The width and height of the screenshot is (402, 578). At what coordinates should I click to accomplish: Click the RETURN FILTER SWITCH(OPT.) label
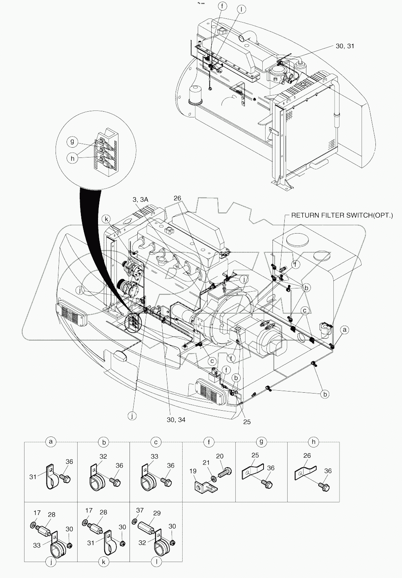[342, 215]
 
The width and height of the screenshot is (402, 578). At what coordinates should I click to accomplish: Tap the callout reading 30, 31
[345, 46]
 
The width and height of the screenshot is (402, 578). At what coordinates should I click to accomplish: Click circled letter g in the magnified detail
[72, 142]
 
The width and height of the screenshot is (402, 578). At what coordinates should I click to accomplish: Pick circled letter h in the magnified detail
[72, 159]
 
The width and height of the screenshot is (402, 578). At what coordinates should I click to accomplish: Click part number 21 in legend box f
[207, 462]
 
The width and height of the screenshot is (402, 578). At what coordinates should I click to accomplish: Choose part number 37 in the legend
[140, 510]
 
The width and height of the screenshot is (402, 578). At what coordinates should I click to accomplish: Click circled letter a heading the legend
[51, 442]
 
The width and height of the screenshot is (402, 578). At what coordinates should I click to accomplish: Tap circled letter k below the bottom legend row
[103, 562]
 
